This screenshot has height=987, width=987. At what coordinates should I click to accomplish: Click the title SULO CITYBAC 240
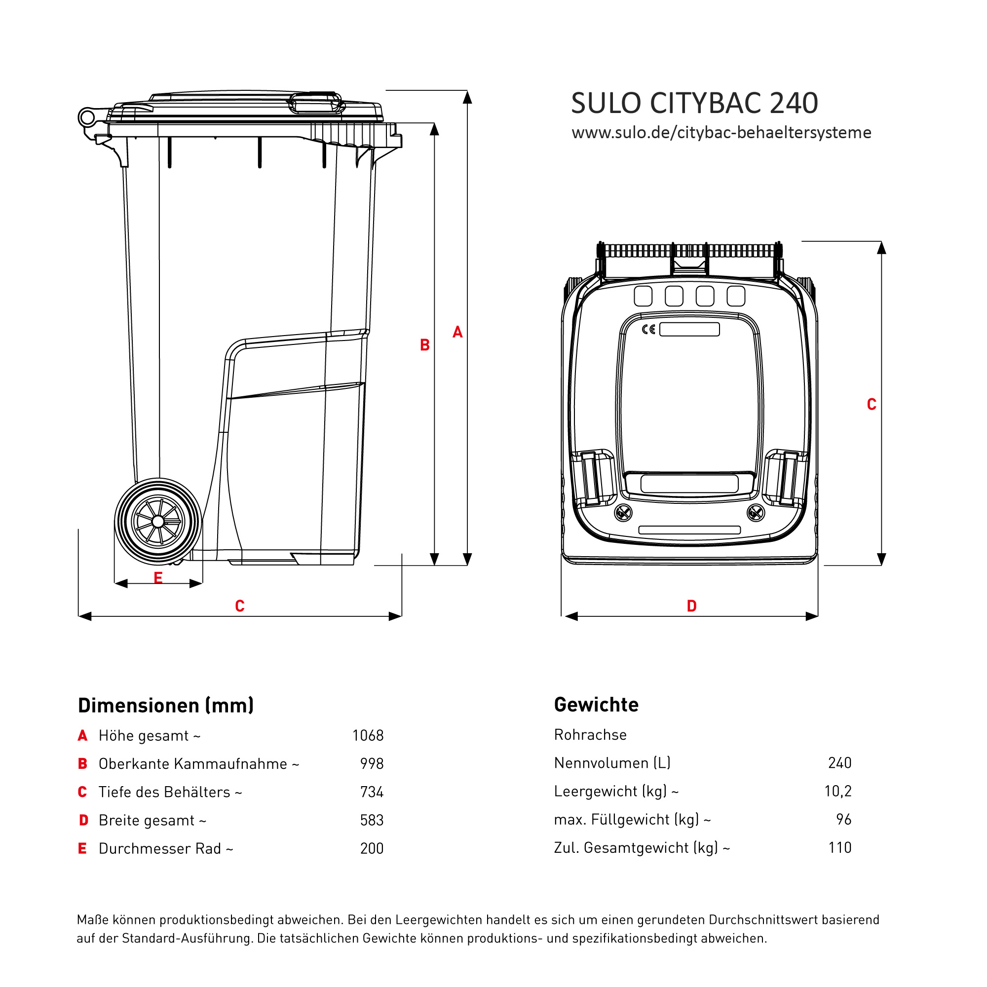[x=694, y=103]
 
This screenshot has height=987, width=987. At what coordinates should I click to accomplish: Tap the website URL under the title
[x=721, y=133]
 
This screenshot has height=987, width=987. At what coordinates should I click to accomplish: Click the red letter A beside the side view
[x=457, y=333]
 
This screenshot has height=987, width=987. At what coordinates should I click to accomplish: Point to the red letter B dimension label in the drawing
[x=424, y=345]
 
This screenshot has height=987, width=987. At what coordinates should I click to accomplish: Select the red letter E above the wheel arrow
[x=158, y=578]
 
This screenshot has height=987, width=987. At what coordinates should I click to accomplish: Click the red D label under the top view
[x=691, y=607]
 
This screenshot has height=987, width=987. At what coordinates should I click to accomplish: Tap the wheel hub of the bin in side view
[x=158, y=522]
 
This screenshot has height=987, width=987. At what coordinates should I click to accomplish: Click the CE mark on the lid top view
[x=648, y=330]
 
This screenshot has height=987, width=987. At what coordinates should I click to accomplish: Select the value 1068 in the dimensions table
[x=368, y=736]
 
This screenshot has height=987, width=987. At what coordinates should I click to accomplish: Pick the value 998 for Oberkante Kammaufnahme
[x=372, y=764]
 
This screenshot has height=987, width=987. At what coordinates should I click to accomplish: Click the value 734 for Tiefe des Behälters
[x=372, y=792]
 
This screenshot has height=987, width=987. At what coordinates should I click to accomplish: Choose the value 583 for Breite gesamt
[x=372, y=821]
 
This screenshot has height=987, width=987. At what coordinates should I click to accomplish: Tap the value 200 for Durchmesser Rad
[x=372, y=848]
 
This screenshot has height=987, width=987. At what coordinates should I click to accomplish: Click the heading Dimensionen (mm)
[x=165, y=706]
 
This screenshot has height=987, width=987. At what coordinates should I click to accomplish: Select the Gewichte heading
[x=596, y=705]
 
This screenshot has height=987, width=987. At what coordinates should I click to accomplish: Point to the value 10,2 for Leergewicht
[x=838, y=792]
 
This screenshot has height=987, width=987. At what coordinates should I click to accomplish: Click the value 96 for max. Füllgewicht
[x=843, y=819]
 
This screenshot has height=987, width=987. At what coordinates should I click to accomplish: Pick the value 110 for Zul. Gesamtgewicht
[x=839, y=847]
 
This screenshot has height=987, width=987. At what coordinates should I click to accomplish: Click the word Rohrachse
[x=590, y=735]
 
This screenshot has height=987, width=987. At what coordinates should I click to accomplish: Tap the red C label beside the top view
[x=872, y=405]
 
